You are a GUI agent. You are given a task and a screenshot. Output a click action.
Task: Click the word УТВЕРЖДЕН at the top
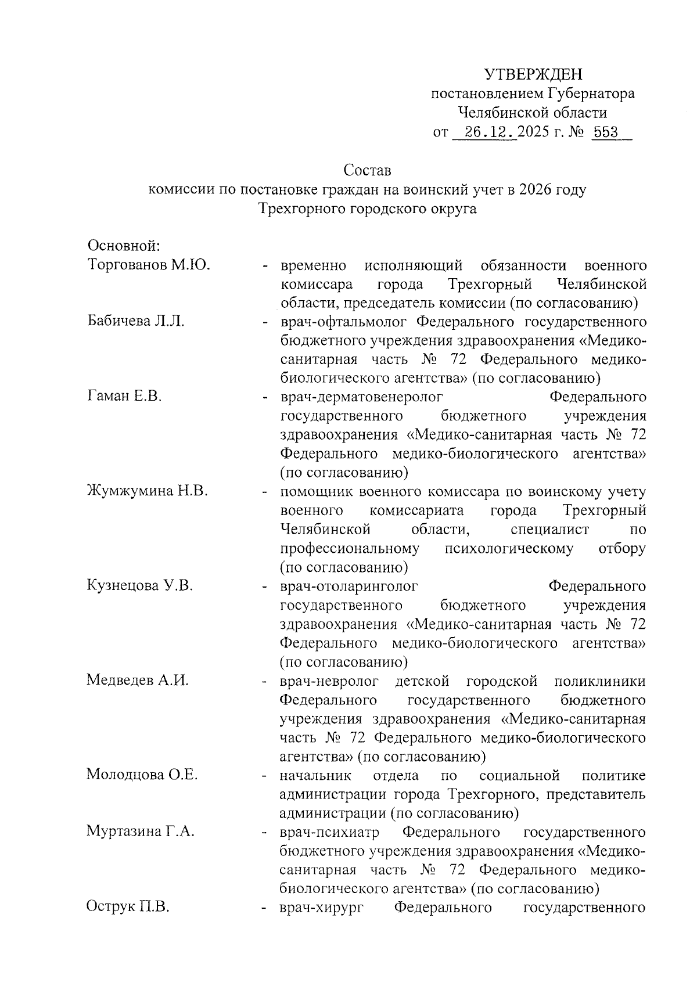(533, 74)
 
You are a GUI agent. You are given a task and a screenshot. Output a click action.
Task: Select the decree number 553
(606, 133)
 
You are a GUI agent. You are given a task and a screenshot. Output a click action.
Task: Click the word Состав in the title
(367, 171)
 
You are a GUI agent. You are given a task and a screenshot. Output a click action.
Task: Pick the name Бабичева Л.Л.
(136, 321)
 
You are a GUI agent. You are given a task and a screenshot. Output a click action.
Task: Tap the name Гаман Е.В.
(124, 397)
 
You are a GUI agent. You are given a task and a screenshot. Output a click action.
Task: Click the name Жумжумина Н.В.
(147, 491)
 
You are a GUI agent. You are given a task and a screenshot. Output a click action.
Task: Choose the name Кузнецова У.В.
(139, 585)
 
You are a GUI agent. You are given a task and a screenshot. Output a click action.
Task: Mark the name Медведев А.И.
(138, 680)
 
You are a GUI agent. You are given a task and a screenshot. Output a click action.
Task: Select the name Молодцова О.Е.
(142, 775)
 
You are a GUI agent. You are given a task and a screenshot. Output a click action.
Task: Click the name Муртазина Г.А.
(140, 831)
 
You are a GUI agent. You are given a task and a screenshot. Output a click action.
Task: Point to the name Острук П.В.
(128, 906)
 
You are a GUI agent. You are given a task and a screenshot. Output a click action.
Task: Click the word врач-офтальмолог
(346, 321)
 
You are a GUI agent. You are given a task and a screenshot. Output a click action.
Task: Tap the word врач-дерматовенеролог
(361, 397)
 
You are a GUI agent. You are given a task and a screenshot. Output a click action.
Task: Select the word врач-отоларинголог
(348, 585)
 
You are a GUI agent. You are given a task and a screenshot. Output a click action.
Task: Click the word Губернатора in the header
(591, 93)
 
